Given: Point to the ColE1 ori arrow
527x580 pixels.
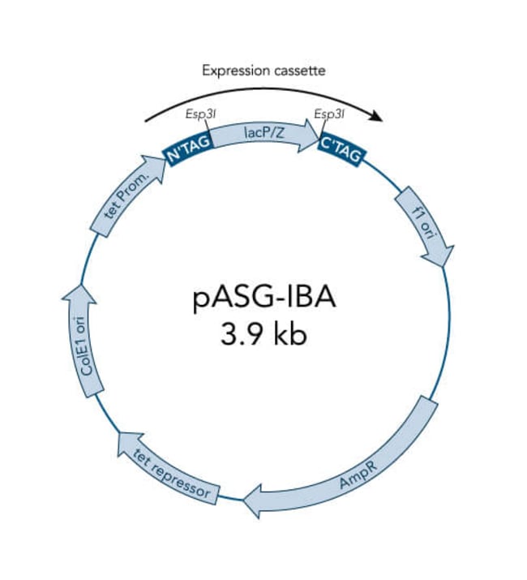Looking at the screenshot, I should pos(84,341).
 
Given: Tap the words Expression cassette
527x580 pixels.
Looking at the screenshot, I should pos(263,71).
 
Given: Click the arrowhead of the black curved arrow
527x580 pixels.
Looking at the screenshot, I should pos(376,116).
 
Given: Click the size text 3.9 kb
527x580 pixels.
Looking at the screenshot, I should pos(264,335).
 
